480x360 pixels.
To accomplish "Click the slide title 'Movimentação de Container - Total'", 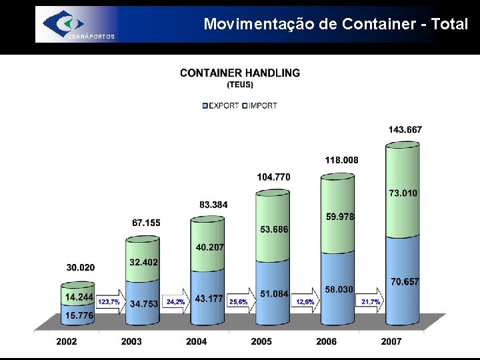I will [x=336, y=24].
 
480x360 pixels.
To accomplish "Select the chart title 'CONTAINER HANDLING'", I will [x=240, y=73].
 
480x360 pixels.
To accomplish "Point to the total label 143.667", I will [x=405, y=129].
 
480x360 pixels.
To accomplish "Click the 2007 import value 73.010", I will [x=403, y=193].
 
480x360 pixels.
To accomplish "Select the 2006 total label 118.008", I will [x=341, y=160].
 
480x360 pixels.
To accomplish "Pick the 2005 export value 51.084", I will [x=274, y=294].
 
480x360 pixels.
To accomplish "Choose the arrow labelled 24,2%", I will [x=177, y=302].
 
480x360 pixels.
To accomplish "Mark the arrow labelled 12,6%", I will [x=306, y=302].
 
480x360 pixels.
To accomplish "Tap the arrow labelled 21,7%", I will [x=372, y=302].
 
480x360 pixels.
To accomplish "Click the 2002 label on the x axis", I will [x=66, y=341].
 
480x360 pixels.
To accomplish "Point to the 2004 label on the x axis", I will [x=196, y=341].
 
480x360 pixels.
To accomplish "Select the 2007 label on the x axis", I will [x=391, y=341].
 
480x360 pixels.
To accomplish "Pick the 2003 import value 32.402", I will [x=144, y=263].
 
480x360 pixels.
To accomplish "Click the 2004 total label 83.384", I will [x=213, y=204].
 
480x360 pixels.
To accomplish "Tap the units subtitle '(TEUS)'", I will [x=240, y=85].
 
